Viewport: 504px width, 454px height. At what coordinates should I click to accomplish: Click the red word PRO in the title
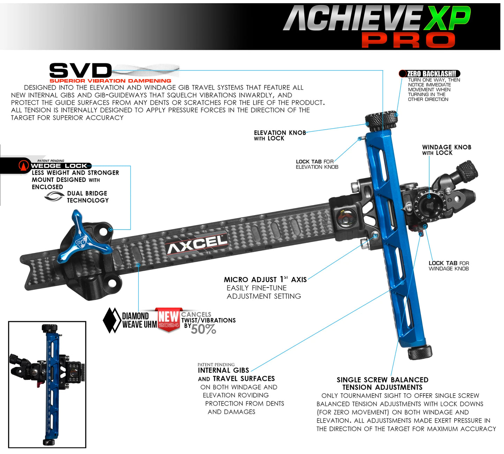coord(408,40)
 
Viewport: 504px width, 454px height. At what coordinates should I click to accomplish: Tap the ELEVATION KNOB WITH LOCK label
coord(279,136)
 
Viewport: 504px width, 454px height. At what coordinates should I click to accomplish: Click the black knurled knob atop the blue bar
coord(381,120)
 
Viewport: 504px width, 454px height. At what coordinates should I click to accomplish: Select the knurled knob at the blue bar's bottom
coord(420,352)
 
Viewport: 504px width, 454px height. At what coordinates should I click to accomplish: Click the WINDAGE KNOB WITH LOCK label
coord(446,150)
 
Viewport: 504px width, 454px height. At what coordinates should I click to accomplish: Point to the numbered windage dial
coord(429,206)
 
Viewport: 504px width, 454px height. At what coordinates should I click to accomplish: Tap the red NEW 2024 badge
coord(169,319)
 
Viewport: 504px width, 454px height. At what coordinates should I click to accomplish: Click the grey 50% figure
coord(203,329)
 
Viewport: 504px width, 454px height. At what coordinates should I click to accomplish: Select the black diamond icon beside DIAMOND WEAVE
coord(112,320)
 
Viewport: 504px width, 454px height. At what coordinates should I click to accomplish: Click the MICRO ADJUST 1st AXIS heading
coord(265,279)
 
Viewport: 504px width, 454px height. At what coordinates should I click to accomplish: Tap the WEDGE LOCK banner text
coord(59,166)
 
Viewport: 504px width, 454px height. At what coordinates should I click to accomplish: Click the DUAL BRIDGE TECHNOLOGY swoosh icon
coord(54,197)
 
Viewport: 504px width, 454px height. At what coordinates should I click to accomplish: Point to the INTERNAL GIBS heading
coord(223,370)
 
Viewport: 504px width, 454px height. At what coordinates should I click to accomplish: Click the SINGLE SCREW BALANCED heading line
coord(382,380)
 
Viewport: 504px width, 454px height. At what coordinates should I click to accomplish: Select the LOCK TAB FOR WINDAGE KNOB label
coord(449,266)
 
